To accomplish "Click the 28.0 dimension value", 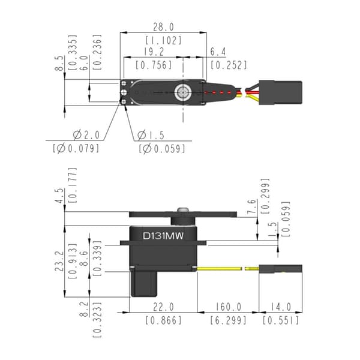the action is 163,27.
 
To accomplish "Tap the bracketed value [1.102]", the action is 163,40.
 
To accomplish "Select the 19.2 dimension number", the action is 154,52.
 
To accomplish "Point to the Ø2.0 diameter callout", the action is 86,135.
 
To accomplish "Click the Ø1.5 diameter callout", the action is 151,135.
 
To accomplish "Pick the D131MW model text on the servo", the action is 163,236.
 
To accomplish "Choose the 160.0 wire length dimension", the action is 228,307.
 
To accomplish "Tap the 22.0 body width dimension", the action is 163,307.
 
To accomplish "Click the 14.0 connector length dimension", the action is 281,307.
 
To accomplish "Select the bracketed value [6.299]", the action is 228,320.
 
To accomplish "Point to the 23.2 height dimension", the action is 59,261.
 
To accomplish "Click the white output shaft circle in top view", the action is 183,92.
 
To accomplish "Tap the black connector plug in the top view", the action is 280,92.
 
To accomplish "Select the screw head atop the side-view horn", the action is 183,209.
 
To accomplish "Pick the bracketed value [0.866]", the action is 163,320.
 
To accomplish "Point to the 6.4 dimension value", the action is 218,52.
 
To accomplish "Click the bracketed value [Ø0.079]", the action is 76,149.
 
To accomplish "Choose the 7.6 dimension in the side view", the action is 251,206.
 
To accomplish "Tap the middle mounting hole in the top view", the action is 124,92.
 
